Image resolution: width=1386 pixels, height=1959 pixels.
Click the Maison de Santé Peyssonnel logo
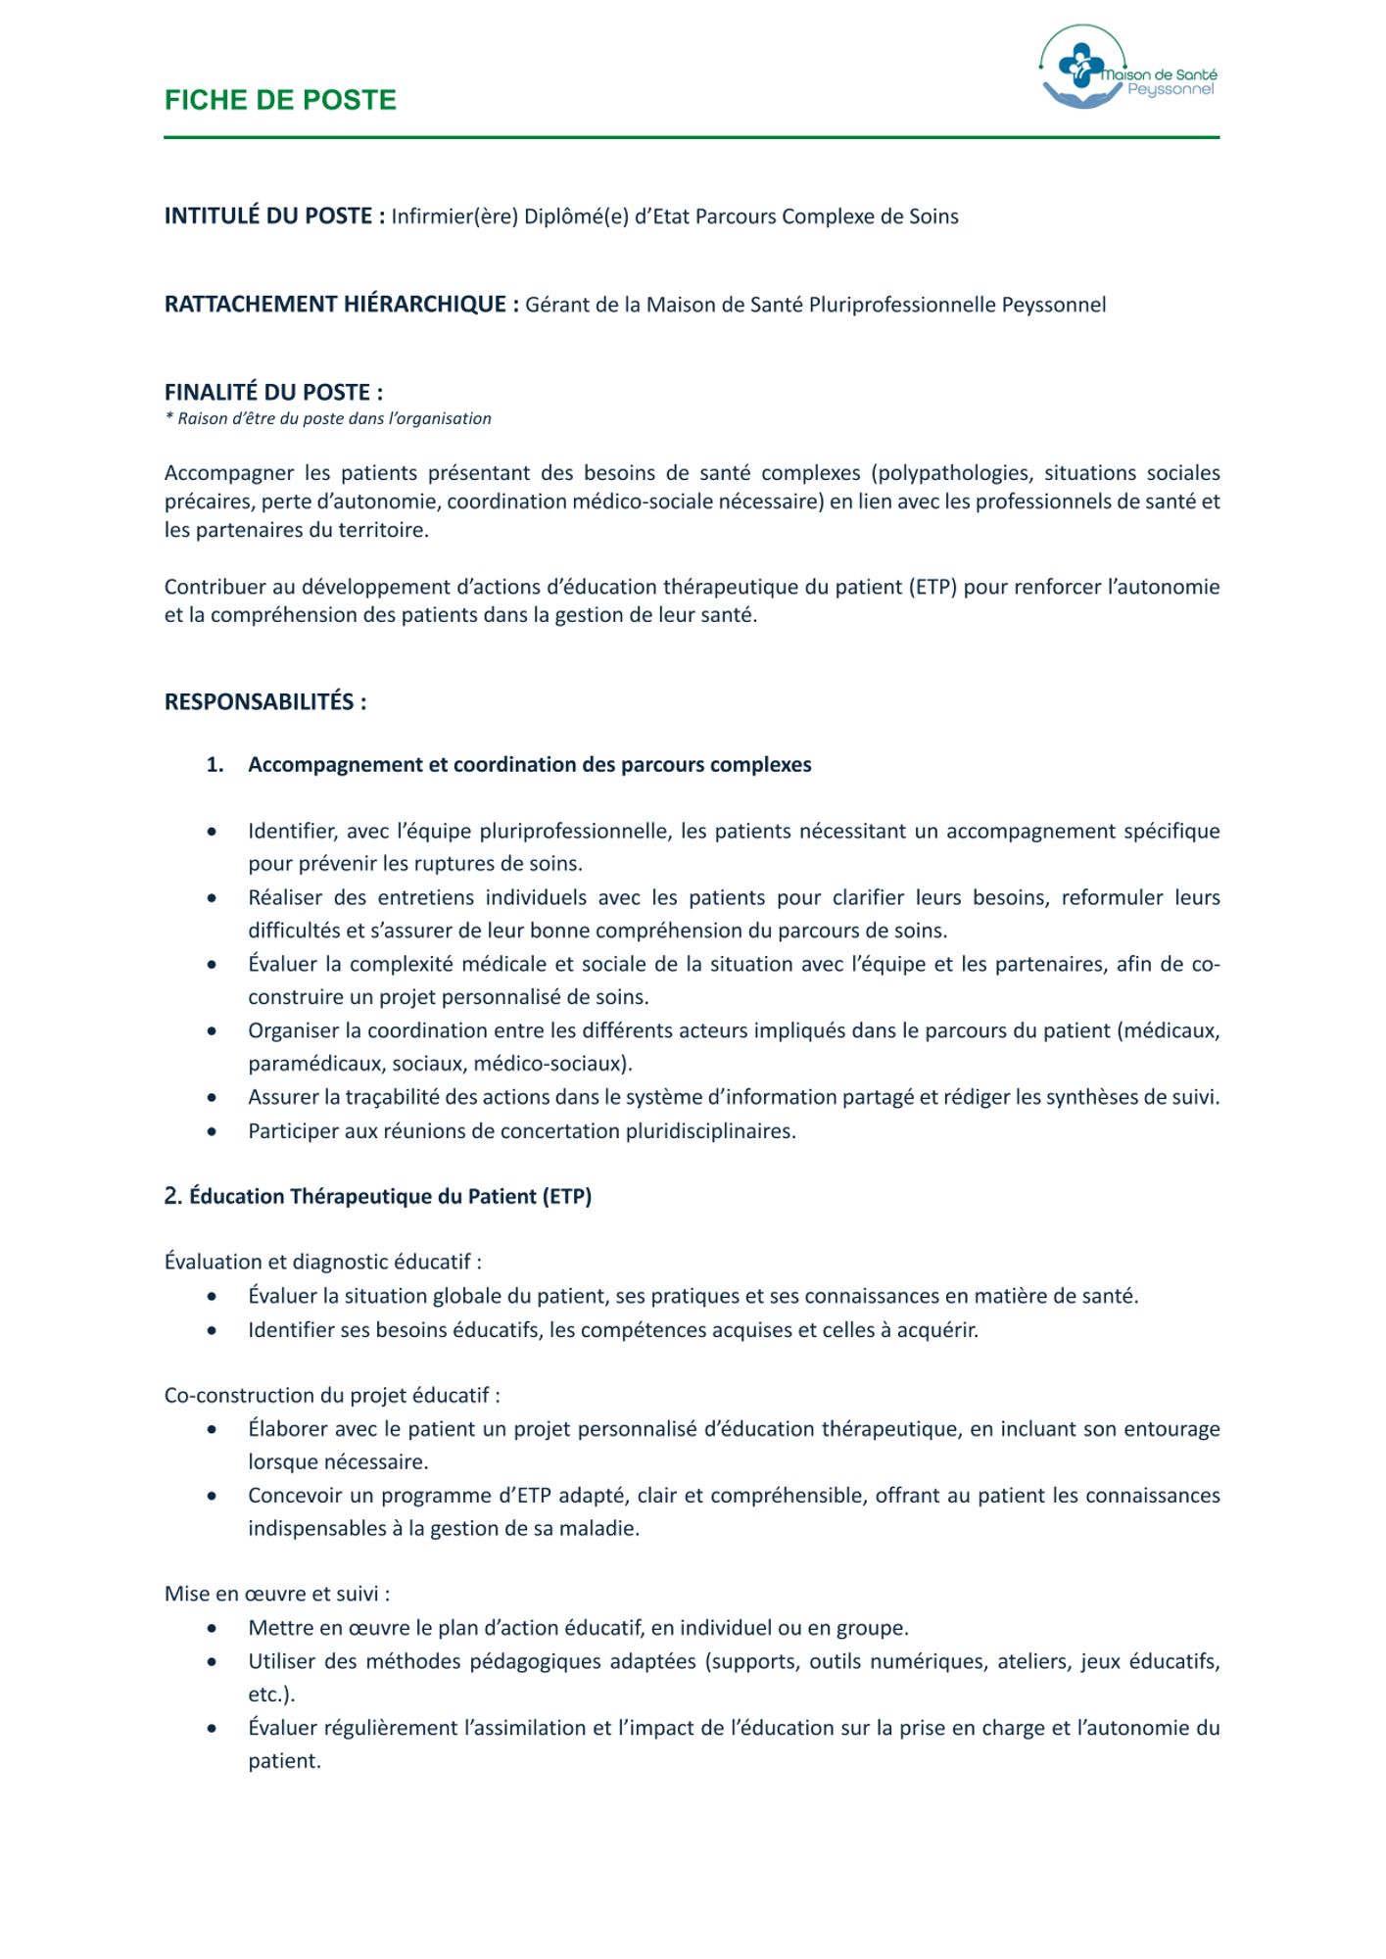(x=1126, y=69)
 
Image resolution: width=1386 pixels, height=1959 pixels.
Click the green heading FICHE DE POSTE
(x=280, y=100)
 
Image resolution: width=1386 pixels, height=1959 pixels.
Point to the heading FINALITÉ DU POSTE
(x=273, y=392)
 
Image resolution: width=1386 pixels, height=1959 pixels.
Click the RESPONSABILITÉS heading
(x=265, y=701)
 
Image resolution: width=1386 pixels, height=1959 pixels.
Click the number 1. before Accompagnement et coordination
(x=215, y=765)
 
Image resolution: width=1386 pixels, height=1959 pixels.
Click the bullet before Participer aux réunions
(x=213, y=1131)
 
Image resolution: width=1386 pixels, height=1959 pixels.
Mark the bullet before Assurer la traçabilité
(x=213, y=1098)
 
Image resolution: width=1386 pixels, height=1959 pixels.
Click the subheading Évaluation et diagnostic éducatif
(x=322, y=1262)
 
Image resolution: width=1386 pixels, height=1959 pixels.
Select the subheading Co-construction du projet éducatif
(x=332, y=1395)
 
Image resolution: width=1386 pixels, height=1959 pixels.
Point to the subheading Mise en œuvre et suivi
(x=276, y=1594)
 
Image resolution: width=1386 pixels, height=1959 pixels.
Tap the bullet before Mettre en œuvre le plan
(x=213, y=1628)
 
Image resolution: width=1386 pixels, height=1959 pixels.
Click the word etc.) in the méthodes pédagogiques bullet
(x=271, y=1695)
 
